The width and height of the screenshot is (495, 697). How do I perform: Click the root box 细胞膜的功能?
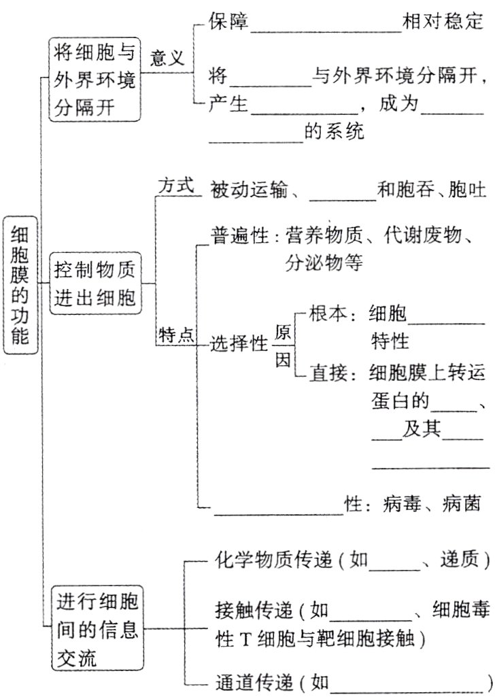tap(21, 285)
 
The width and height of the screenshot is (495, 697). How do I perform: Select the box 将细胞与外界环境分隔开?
tap(95, 79)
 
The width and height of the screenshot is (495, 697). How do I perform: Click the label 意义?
tap(167, 58)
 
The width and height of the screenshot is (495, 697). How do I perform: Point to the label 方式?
tap(176, 186)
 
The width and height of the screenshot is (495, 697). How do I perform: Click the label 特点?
tap(176, 335)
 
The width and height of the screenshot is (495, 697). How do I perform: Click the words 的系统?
tap(335, 131)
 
